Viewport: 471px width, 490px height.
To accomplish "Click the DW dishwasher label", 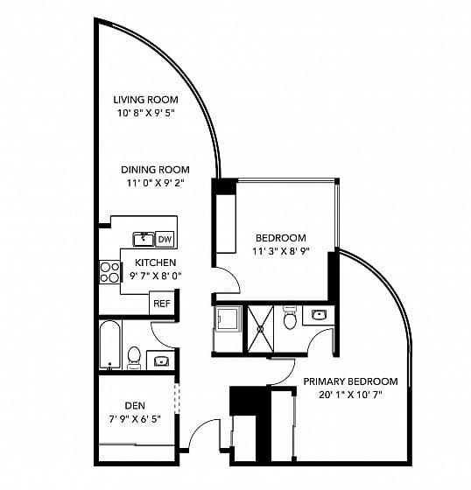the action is tap(165, 240).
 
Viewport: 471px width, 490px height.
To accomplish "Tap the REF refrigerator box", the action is tap(162, 303).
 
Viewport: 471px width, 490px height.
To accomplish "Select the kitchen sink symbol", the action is tap(144, 240).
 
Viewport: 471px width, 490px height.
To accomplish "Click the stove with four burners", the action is tap(109, 272).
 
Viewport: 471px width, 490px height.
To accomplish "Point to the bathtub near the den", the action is tap(110, 345).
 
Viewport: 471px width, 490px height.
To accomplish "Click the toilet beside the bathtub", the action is tap(134, 358).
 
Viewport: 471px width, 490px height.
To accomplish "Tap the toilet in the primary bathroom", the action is tap(290, 317).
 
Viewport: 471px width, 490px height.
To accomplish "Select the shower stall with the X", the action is tap(261, 329).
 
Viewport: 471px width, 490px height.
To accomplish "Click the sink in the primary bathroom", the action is tap(318, 315).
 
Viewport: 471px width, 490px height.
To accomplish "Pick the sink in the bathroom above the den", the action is tap(161, 361).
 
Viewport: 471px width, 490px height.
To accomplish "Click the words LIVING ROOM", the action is tap(145, 100).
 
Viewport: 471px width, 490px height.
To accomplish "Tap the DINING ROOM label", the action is tap(155, 170).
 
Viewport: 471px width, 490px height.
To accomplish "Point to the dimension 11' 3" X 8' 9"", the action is tap(281, 251).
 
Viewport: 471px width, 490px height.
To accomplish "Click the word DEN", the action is tap(135, 406).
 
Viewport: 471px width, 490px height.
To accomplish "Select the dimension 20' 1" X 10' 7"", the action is tap(350, 395).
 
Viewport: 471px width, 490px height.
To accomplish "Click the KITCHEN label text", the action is tap(156, 262).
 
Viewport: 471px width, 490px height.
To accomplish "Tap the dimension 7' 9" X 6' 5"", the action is tap(135, 419).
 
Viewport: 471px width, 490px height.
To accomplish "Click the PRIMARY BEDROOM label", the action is tap(350, 381).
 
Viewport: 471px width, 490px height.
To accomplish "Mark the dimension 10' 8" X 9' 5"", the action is tap(145, 113).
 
